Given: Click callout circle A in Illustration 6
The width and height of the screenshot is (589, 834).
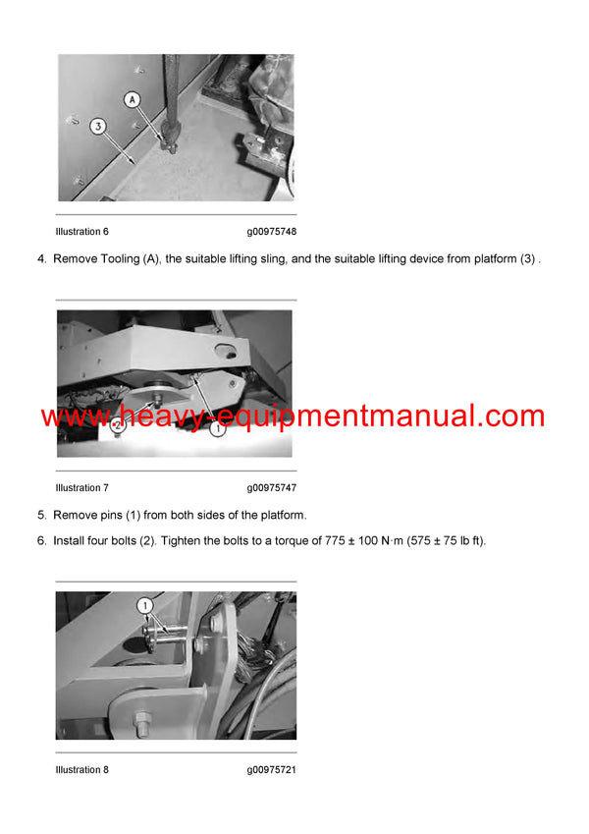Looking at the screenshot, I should click(133, 99).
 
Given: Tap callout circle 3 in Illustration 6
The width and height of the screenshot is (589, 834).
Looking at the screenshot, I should click(96, 126).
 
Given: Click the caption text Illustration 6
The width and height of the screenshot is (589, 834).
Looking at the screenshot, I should click(82, 232).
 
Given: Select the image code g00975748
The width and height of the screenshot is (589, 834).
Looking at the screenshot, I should click(272, 232).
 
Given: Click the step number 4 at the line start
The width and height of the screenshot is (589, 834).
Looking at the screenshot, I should click(41, 259).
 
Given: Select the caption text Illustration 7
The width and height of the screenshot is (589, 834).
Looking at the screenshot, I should click(82, 488).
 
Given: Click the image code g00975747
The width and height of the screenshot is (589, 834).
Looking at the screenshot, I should click(272, 488).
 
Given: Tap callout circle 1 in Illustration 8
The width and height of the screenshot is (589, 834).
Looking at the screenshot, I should click(144, 606).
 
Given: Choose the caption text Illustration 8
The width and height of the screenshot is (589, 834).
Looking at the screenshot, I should click(82, 770).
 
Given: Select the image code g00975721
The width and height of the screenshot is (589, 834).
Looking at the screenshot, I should click(272, 770).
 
